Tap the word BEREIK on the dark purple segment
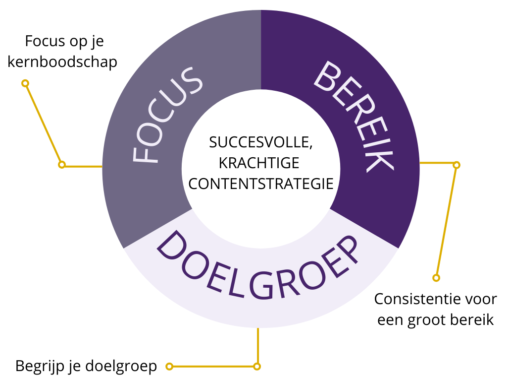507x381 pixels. click(x=355, y=116)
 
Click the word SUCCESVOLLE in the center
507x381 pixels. click(x=260, y=142)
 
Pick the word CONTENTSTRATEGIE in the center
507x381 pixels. click(x=261, y=184)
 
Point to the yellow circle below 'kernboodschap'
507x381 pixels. click(x=25, y=83)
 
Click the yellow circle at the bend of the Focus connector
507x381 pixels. click(x=62, y=165)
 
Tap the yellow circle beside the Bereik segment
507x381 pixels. click(x=456, y=165)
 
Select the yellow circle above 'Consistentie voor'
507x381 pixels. click(x=436, y=278)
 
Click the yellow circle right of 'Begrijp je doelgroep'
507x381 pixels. click(x=169, y=367)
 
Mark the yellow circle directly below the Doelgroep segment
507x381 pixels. click(x=257, y=367)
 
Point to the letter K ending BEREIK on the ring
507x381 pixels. click(x=381, y=158)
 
